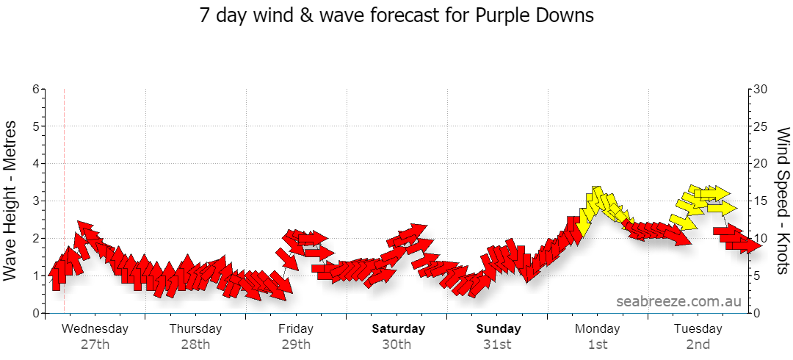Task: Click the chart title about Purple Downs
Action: point(396,15)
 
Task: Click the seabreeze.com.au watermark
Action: point(678,301)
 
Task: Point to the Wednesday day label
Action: point(95,328)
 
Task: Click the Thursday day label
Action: point(195,328)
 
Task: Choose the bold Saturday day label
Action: point(399,328)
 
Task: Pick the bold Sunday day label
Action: point(498,328)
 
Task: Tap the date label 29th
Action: point(296,345)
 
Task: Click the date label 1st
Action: point(597,345)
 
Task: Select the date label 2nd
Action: point(698,345)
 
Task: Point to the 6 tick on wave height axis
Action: point(36,89)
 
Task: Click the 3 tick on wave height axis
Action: point(36,201)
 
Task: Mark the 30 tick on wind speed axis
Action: point(761,89)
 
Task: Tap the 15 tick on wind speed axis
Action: point(761,201)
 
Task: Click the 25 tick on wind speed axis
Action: point(761,126)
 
